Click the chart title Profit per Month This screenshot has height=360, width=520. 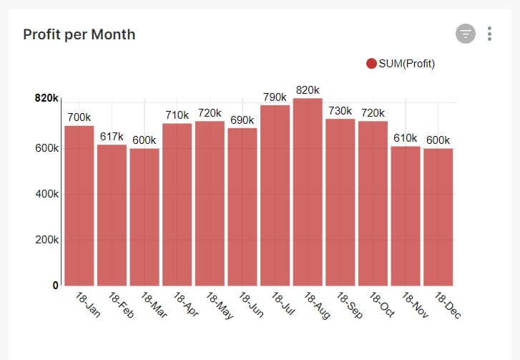(79, 34)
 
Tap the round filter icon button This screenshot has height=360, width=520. (466, 34)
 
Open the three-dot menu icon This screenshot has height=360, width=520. (490, 34)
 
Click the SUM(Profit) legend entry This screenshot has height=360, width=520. (401, 64)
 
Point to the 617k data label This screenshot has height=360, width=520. (112, 137)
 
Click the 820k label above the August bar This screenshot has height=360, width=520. (308, 90)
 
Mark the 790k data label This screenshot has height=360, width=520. (275, 97)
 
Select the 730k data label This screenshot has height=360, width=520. (340, 111)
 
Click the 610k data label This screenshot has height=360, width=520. (406, 138)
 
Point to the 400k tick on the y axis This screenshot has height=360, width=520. (46, 194)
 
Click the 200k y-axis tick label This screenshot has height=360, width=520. (46, 240)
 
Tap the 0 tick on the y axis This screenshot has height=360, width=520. (55, 286)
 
